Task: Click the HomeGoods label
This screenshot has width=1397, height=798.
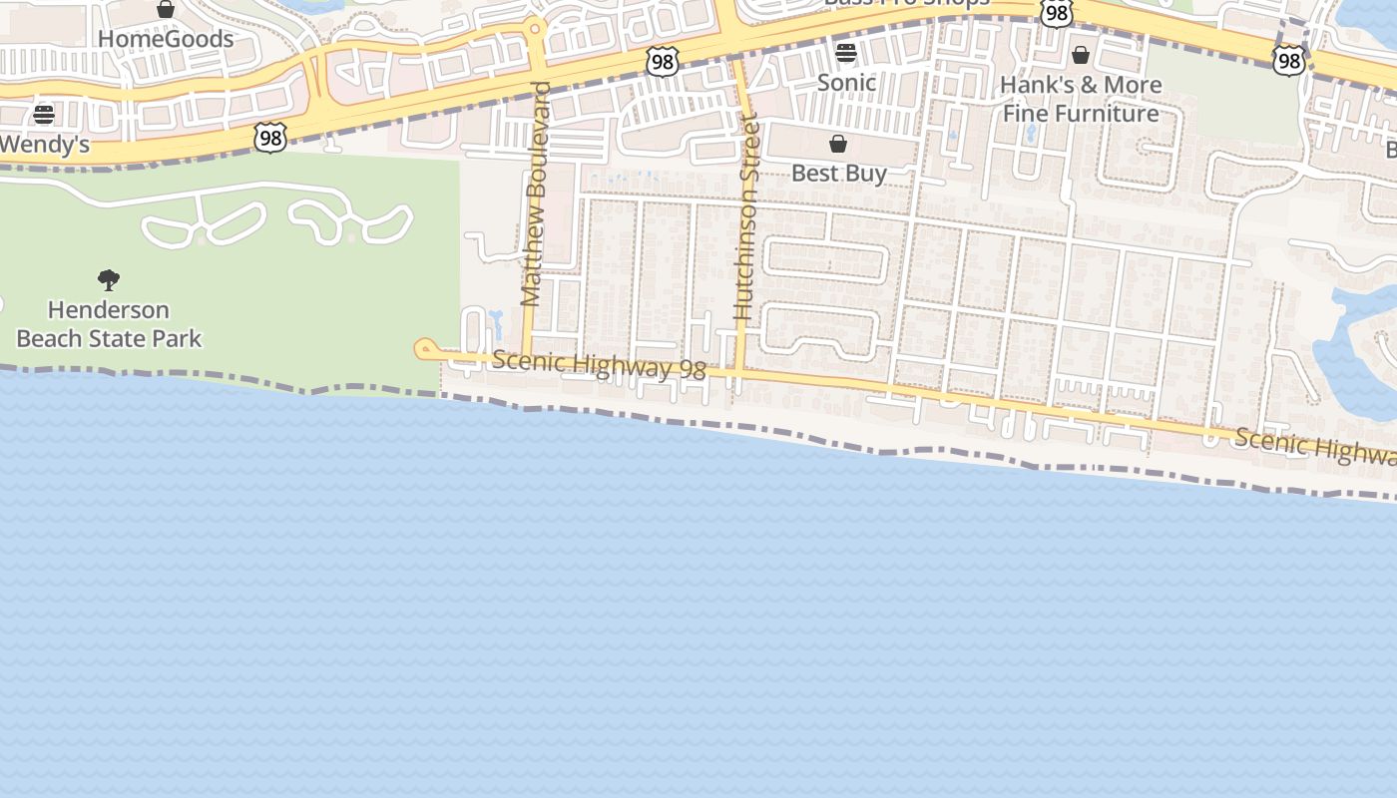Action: (166, 40)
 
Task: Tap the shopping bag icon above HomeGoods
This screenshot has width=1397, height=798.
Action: (166, 10)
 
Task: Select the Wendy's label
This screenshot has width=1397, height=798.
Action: (44, 145)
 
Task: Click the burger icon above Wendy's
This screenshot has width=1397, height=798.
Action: (44, 114)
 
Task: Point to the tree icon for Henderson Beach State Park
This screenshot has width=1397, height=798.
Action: (109, 280)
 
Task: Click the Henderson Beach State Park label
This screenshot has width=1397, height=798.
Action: (109, 324)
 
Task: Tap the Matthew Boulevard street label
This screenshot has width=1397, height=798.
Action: (535, 195)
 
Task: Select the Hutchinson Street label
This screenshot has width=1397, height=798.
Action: (746, 219)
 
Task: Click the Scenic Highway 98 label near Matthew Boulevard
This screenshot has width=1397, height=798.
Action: (599, 365)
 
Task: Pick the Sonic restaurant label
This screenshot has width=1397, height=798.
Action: (846, 83)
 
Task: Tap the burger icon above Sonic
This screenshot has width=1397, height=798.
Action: (846, 53)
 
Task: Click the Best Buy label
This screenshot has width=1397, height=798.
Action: (838, 174)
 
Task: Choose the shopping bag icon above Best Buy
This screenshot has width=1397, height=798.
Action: (838, 145)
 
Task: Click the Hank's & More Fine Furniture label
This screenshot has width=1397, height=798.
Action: (1081, 99)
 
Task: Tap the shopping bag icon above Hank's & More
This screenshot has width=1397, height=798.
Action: (1081, 55)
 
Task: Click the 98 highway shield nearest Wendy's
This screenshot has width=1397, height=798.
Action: (270, 137)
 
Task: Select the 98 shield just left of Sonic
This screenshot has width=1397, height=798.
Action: (663, 62)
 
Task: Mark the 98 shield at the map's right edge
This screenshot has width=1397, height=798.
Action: (1289, 61)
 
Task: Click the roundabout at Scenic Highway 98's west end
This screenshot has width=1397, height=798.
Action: (426, 349)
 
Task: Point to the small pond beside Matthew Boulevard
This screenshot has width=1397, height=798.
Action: (496, 324)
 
